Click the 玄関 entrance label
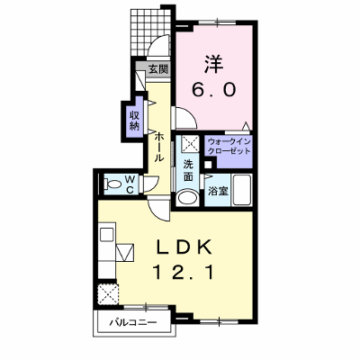pyautogui.click(x=158, y=69)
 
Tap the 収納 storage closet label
pyautogui.click(x=135, y=121)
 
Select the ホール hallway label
pyautogui.click(x=159, y=147)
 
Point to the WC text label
pyautogui.click(x=130, y=184)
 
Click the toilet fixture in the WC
pyautogui.click(x=111, y=184)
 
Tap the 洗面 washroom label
pyautogui.click(x=188, y=170)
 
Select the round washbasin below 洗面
pyautogui.click(x=187, y=198)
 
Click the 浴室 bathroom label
pyautogui.click(x=219, y=192)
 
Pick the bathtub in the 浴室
pyautogui.click(x=242, y=190)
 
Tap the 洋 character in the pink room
pyautogui.click(x=214, y=64)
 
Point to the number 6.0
pyautogui.click(x=213, y=89)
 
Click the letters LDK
pyautogui.click(x=184, y=247)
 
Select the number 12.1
pyautogui.click(x=184, y=273)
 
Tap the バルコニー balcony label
pyautogui.click(x=132, y=323)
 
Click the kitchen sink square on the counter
pyautogui.click(x=106, y=234)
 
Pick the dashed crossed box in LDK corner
pyautogui.click(x=108, y=294)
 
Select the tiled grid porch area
pyautogui.click(x=150, y=31)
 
